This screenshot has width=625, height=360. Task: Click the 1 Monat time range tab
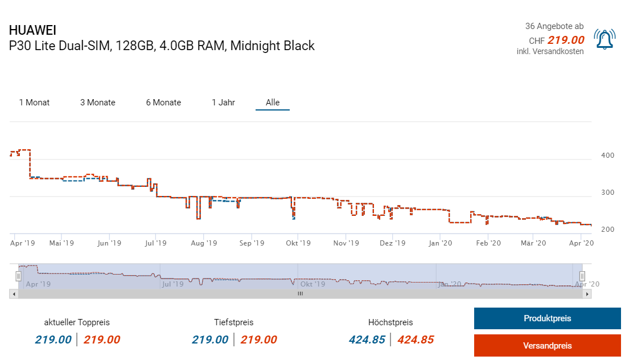34,103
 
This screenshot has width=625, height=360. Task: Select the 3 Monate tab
97,103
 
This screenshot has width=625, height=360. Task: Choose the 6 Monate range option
163,103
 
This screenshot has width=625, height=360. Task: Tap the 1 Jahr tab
223,103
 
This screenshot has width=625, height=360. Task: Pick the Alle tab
273,103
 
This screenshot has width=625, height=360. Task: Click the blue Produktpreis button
547,318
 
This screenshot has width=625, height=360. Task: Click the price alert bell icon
604,39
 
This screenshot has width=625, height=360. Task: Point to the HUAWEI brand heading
32,31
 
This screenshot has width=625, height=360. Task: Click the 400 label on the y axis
607,156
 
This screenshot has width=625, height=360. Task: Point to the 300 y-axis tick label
607,193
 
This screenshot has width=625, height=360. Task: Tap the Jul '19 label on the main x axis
156,243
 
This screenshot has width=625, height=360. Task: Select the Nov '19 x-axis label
346,243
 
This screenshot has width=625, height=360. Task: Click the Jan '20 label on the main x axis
440,243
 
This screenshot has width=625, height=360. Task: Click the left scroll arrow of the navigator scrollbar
13,294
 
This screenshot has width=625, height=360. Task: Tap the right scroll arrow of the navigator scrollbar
588,294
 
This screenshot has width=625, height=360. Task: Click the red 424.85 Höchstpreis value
416,340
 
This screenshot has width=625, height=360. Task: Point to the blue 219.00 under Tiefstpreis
210,340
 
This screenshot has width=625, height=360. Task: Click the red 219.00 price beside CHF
566,40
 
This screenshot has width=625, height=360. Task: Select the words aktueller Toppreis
77,322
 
